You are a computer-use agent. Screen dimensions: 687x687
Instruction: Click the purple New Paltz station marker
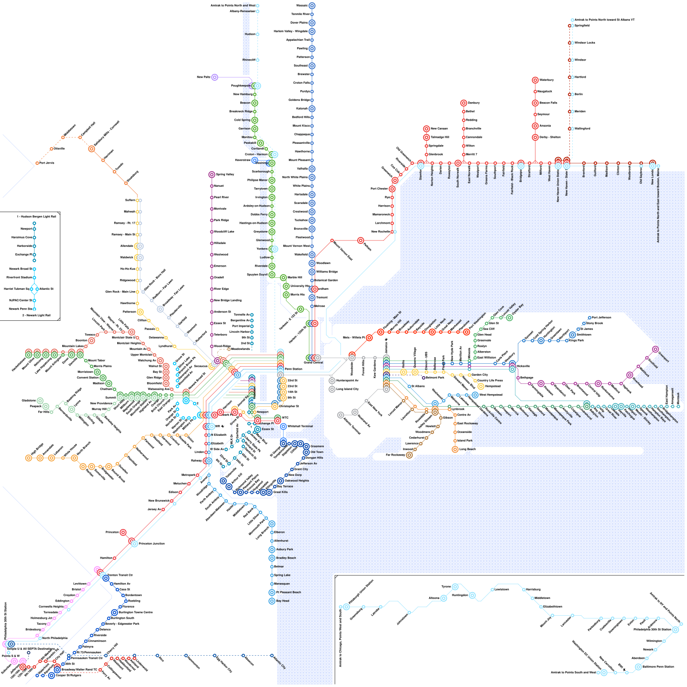(215, 77)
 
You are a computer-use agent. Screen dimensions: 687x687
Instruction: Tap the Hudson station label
(249, 34)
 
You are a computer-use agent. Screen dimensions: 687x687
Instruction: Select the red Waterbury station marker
(535, 80)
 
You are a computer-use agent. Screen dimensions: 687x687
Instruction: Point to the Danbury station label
(474, 103)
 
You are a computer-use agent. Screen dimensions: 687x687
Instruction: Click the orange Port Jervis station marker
(37, 163)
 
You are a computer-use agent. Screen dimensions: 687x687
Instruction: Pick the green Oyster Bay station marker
(509, 318)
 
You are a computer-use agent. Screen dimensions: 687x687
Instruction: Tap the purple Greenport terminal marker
(655, 350)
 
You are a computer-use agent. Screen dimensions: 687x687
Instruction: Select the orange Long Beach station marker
(455, 450)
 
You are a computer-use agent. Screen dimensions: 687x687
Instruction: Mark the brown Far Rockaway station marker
(409, 455)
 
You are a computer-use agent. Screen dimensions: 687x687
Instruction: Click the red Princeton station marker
(123, 532)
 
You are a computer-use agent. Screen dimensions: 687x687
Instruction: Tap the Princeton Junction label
(152, 544)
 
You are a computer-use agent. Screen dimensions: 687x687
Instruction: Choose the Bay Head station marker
(272, 601)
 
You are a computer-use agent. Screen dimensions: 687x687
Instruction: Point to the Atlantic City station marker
(272, 656)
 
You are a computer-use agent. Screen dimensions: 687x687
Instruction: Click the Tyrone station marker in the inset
(455, 587)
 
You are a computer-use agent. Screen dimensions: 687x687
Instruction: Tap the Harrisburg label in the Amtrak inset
(533, 590)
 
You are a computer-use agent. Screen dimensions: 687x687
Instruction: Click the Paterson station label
(129, 312)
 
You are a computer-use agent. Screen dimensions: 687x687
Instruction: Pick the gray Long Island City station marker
(332, 389)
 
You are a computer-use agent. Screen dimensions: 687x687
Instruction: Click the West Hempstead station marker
(475, 395)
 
